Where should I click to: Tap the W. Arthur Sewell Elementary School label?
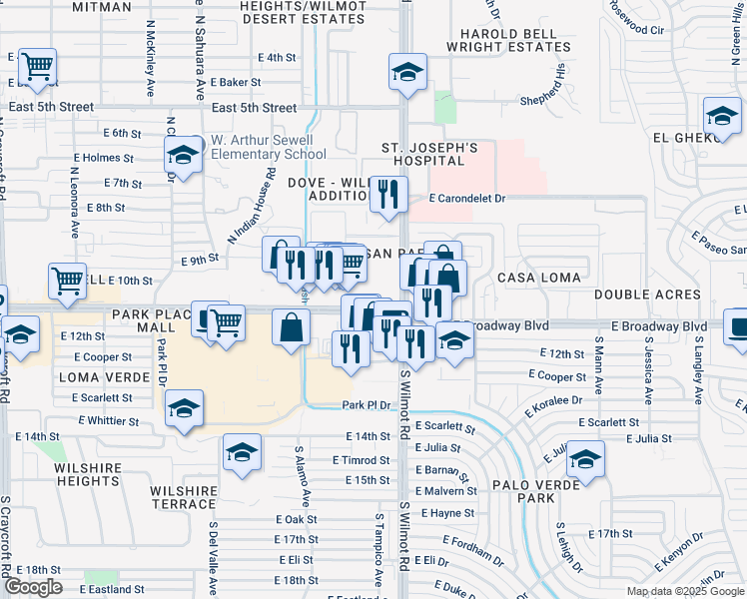tap(266, 147)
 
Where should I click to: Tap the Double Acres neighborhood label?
tap(635, 295)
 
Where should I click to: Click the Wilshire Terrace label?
tap(184, 498)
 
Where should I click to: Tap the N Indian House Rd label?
tap(251, 206)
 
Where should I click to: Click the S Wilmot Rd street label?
tap(405, 410)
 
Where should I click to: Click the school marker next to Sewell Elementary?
tap(183, 154)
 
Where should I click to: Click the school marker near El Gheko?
tap(721, 115)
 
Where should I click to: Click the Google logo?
tap(33, 587)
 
